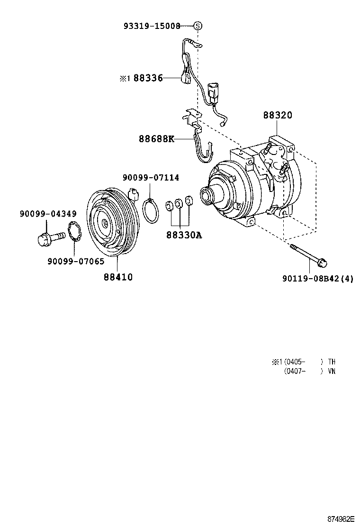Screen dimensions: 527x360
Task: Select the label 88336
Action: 148,78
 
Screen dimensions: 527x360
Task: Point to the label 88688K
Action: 156,139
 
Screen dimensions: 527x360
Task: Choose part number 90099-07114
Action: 151,178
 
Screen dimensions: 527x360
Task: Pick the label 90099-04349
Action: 48,214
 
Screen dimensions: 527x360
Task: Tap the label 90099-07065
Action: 76,261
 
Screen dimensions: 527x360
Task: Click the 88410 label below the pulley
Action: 118,277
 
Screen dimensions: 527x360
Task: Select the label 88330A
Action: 184,234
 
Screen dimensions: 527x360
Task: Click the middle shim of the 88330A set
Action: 179,204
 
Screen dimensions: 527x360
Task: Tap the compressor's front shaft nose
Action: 207,194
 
